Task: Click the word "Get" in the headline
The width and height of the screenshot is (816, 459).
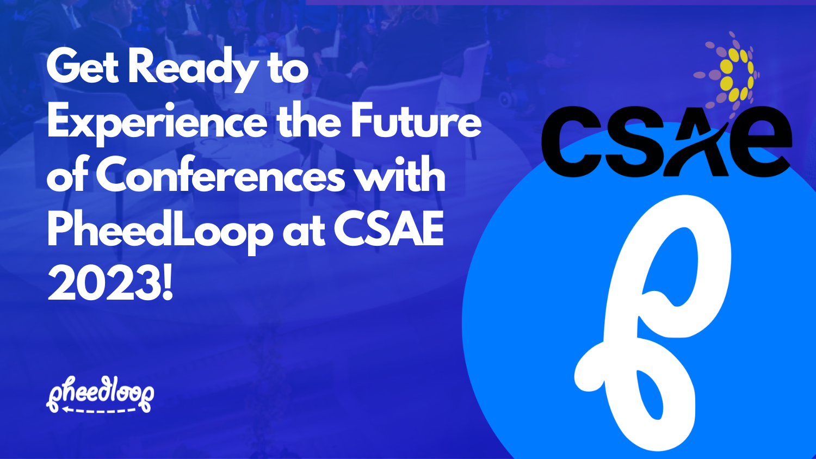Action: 82,67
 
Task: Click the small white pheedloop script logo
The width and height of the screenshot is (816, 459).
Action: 100,393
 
